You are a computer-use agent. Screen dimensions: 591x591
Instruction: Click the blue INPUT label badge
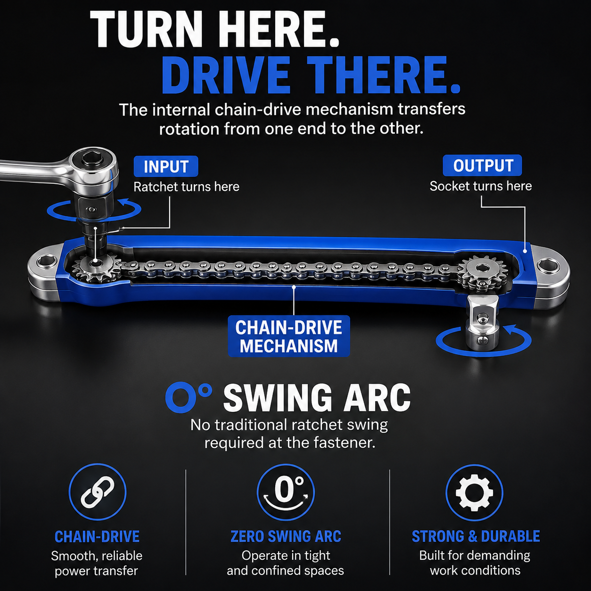coord(166,166)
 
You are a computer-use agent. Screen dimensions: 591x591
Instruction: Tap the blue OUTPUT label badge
coord(482,165)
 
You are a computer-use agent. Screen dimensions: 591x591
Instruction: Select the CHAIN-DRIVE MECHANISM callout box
coord(288,336)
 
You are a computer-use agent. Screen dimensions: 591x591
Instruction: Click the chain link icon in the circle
coord(98,492)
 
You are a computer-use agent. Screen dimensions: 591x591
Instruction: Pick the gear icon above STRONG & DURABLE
coord(474,493)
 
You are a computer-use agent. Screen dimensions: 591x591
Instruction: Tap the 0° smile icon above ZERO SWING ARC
coord(286,493)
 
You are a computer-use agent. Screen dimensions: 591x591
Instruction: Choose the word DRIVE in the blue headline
coord(226,75)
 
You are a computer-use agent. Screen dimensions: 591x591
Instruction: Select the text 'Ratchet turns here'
coord(187,187)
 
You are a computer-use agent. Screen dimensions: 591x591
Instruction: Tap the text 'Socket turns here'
coord(481,186)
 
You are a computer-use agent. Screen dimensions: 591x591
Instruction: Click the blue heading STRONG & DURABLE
coord(476,536)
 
